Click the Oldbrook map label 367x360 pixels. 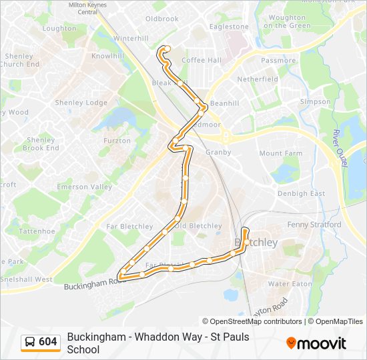point(162,19)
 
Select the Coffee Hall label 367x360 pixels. point(202,60)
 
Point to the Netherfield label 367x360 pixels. point(258,79)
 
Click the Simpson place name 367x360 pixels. point(315,102)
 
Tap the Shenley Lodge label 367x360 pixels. point(82,103)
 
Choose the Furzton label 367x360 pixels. point(117,141)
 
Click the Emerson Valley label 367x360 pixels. point(84,187)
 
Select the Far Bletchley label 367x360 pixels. point(131,227)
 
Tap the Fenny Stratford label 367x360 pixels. point(314,225)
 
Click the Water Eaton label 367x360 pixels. point(290,283)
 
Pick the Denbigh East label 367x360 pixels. point(301,193)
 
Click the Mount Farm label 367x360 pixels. point(280,153)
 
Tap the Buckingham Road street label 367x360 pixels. point(94,284)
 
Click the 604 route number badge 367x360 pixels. point(41,342)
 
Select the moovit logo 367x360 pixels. point(316,343)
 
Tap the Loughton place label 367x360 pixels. point(59,29)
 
